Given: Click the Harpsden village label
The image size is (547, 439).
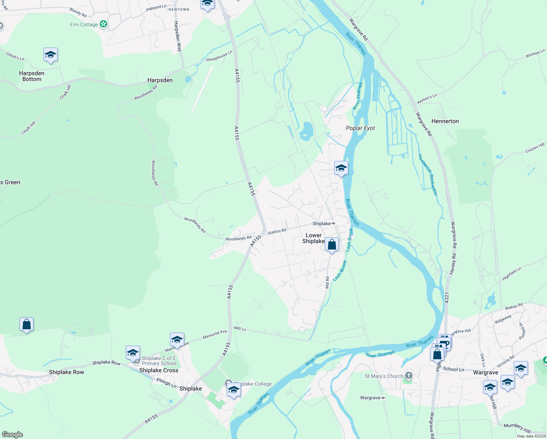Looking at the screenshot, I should point(160,80).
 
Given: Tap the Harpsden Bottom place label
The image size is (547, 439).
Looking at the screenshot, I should point(32,76).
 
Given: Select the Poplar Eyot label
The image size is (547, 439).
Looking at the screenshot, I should point(361,128).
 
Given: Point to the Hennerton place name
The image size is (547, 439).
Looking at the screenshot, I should point(445,121).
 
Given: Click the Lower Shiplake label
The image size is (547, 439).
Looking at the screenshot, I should point(314,238).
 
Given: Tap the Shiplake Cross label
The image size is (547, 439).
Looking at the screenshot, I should point(159,370).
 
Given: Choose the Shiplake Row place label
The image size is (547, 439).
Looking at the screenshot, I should point(67,372).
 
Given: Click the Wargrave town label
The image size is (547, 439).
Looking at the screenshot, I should point(486,372).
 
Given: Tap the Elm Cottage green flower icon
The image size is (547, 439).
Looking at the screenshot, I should point(103,24).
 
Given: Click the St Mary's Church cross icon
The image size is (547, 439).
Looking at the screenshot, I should point(408,375).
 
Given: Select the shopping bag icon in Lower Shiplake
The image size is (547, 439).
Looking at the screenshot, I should point(332,245).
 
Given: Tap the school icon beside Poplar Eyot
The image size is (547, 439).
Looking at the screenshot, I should point(341,168).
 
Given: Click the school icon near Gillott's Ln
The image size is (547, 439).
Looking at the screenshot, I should point(50,55).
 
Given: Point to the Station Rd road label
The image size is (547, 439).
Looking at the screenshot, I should point(277,231).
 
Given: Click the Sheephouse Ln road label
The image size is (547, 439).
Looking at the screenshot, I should point(219,56).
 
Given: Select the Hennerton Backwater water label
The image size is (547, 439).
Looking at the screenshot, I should point(428,175).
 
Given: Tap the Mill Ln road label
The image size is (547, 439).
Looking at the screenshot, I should point(240,329).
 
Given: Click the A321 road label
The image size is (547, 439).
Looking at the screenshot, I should point(446,297).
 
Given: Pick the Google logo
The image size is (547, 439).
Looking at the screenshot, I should point(12,435).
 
